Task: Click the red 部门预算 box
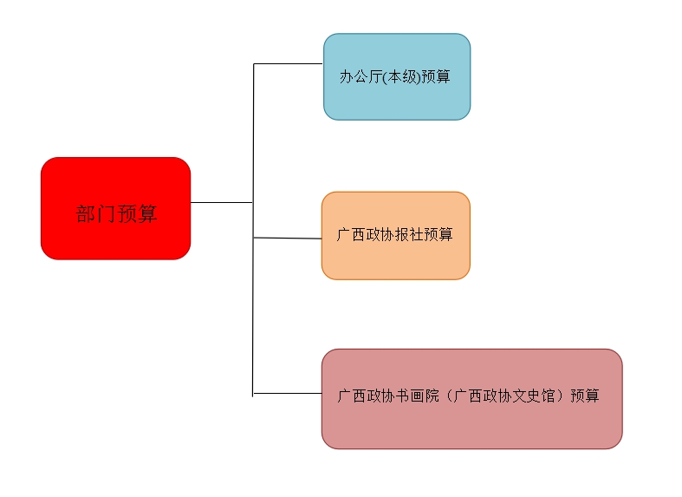coord(115,208)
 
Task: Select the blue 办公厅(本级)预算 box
coord(397,76)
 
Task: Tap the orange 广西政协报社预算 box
coord(395,235)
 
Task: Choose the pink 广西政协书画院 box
coord(471,399)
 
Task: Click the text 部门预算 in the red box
coord(117,213)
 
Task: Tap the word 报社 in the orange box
coord(408,234)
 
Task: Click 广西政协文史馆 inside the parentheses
coord(503,396)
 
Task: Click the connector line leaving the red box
coord(221,202)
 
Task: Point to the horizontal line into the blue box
coord(288,63)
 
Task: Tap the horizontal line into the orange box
coord(288,238)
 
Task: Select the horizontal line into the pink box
coord(287,393)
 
